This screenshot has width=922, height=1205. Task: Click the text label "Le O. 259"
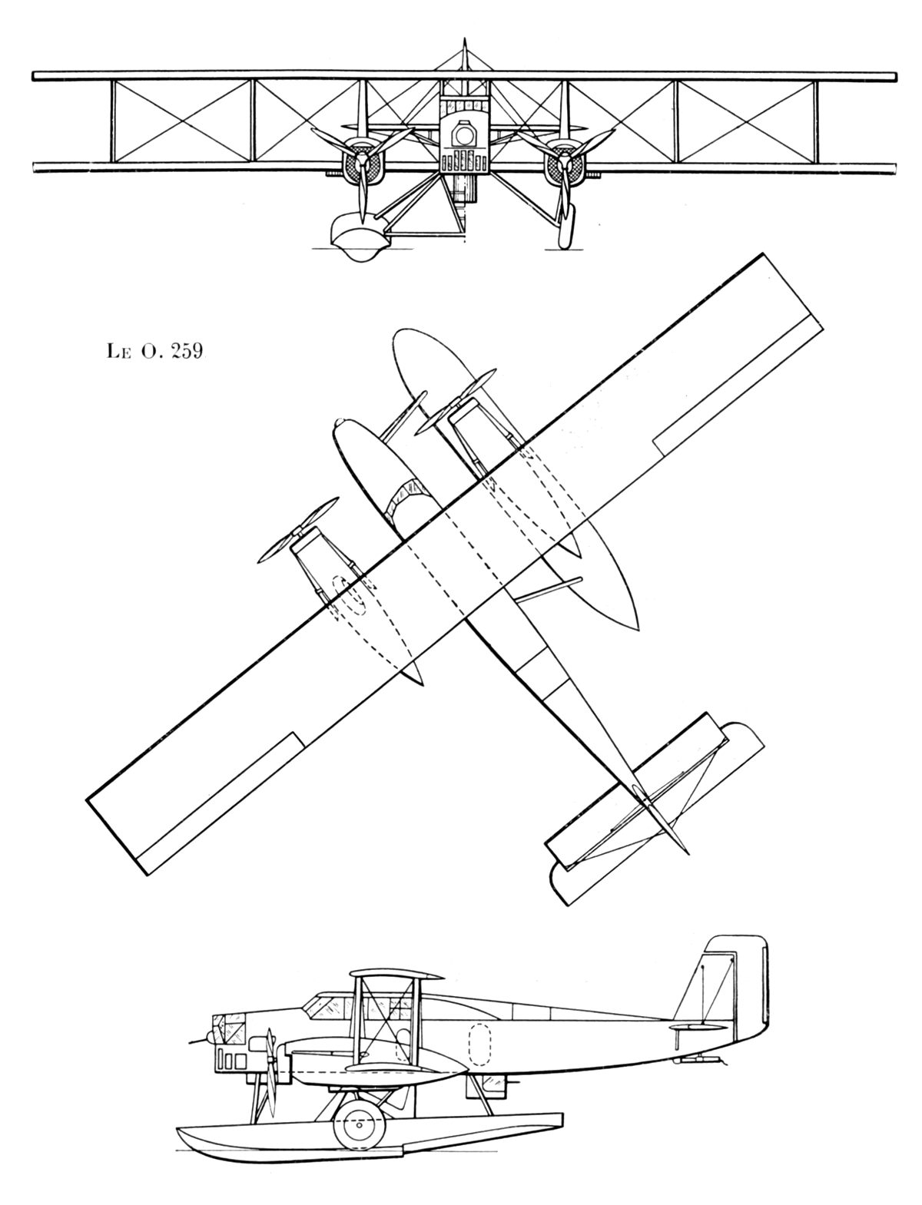[x=155, y=351]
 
